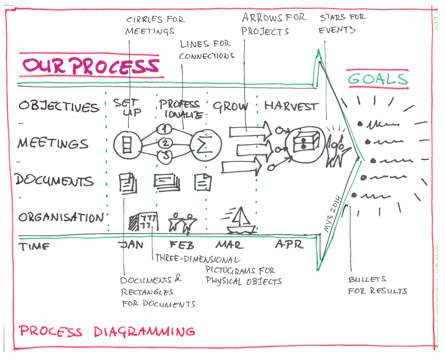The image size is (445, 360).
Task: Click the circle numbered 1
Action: point(164,129)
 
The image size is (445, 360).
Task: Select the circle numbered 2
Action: point(165,143)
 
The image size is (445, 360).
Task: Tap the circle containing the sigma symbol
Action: point(206,146)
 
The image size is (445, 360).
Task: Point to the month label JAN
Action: point(131,245)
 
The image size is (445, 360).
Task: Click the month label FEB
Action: point(181,245)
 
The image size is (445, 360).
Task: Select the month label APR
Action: point(289,244)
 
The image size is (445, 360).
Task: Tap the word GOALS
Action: point(378,79)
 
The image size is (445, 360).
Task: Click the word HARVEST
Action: point(291,106)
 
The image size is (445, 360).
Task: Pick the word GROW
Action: point(230,107)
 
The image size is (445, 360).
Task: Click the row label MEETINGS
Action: point(53,143)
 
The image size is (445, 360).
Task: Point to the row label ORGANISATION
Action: point(61,217)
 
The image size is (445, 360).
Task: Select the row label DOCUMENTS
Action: point(54,180)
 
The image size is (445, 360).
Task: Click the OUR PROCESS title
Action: point(91,66)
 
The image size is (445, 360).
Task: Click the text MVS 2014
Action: point(332,214)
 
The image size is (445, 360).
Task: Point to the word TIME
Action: point(34,246)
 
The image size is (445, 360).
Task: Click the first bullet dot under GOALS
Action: point(360,124)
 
